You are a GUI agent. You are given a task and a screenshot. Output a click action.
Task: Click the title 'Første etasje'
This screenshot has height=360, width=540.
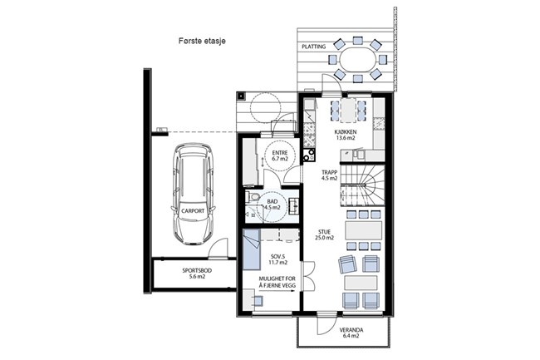(x=202, y=41)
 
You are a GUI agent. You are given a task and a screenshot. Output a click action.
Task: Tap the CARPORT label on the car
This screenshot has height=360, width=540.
(x=193, y=211)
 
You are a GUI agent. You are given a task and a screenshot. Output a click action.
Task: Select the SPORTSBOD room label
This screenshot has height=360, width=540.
(x=197, y=270)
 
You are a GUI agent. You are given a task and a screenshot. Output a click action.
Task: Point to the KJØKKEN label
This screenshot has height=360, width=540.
(x=346, y=132)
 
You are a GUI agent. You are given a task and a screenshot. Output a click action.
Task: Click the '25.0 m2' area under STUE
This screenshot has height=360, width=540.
(x=324, y=238)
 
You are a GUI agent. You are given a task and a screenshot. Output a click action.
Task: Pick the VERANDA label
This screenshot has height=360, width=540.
(x=351, y=330)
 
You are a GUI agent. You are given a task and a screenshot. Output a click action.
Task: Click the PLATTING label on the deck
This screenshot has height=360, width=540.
(x=314, y=47)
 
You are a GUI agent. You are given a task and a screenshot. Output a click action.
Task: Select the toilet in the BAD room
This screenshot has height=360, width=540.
(x=253, y=197)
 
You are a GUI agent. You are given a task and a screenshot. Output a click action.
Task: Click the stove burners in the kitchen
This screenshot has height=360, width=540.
(x=309, y=155)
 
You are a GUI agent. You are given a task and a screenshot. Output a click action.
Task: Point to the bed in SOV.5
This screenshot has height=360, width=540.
(x=251, y=249)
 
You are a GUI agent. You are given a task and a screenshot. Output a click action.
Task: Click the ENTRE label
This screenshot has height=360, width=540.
(x=279, y=153)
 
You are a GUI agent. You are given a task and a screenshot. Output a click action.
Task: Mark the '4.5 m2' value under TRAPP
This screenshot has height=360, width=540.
(x=330, y=179)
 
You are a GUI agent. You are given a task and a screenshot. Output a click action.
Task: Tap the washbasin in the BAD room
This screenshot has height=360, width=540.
(x=293, y=205)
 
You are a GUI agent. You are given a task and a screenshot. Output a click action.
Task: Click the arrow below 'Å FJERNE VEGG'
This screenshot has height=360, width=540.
(x=277, y=290)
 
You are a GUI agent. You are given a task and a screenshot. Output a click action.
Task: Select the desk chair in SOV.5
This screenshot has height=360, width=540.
(x=258, y=301)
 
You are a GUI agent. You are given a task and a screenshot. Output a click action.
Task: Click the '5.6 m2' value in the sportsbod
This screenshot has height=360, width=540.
(x=197, y=276)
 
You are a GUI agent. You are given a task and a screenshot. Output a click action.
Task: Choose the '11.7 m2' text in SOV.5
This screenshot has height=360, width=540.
(x=278, y=263)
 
